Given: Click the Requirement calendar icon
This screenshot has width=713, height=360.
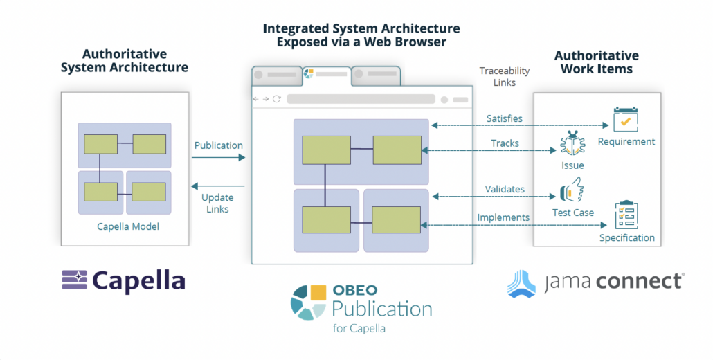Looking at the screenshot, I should tap(625, 120).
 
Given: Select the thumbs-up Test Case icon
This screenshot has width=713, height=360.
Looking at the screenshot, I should tap(572, 190).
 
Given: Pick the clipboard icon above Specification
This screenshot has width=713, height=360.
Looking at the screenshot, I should tap(626, 215).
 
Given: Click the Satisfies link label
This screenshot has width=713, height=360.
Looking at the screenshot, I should tap(504, 118).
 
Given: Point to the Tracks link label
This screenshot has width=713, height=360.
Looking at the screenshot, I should tap(505, 143).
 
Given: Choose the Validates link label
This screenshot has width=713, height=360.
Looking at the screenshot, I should tap(505, 189).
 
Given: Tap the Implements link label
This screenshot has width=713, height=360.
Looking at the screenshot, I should tap(503, 217).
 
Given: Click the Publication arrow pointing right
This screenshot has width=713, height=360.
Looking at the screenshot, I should tap(218, 158).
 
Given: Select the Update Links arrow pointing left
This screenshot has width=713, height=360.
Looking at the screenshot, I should tap(218, 186).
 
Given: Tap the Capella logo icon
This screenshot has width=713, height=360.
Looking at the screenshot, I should tap(73, 280).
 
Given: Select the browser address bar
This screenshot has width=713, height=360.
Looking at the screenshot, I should tap(361, 99).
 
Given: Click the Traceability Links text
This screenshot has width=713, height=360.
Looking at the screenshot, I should tap(504, 76).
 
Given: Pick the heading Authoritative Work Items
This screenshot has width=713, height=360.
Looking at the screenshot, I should tap(596, 62).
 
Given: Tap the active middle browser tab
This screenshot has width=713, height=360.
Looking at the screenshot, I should tap(326, 73).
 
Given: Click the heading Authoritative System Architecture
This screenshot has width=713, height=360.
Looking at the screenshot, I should tap(124, 60).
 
